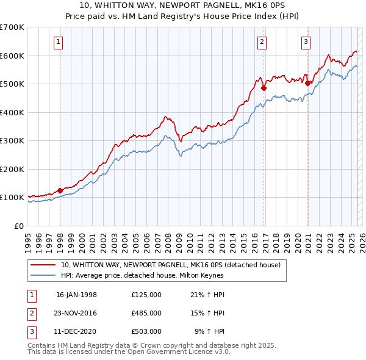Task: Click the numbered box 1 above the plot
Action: (x=58, y=42)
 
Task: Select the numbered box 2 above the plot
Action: (x=262, y=42)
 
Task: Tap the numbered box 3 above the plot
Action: (x=305, y=42)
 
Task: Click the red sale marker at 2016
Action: (x=264, y=88)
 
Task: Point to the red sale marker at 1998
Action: (x=60, y=190)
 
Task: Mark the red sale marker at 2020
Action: (x=308, y=83)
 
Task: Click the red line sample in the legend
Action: (x=44, y=265)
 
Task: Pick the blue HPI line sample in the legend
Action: (x=44, y=275)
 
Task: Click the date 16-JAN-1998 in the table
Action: (x=76, y=295)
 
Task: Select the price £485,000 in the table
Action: (x=146, y=313)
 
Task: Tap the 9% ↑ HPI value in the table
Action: (x=210, y=331)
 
